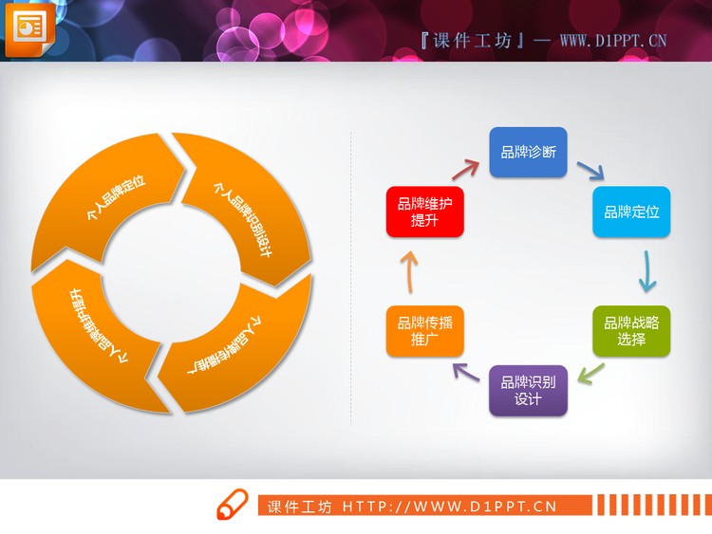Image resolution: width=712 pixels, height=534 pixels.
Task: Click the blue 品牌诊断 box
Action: point(528,153)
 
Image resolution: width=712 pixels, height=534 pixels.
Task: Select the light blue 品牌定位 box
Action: point(631,212)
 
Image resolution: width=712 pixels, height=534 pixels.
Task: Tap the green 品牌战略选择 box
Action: point(631,330)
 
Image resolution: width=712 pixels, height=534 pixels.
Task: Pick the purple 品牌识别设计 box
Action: point(528,390)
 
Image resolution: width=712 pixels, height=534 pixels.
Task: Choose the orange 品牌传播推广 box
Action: point(424,330)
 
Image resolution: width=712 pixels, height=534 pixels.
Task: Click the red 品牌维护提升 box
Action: point(424,212)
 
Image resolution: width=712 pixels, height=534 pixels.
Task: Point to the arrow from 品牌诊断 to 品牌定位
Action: point(590,171)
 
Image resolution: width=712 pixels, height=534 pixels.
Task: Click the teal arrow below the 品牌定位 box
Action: point(646,271)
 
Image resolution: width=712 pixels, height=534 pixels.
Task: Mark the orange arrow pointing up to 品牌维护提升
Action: point(408,271)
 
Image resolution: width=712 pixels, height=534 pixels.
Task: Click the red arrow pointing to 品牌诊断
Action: point(464,170)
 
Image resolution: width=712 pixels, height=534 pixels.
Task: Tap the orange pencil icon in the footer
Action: point(232,506)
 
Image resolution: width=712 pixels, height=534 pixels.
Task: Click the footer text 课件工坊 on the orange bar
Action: point(300,506)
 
